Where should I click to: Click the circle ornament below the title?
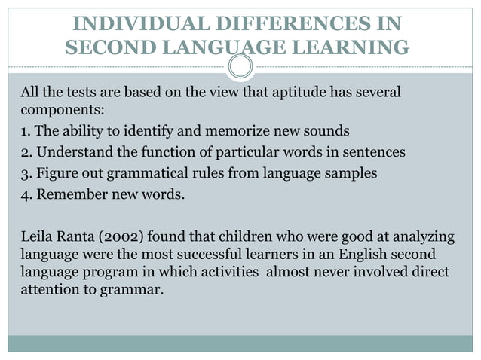click(x=240, y=67)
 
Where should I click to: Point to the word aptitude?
click(x=299, y=93)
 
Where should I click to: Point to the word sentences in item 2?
click(x=375, y=152)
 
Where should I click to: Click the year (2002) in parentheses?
click(x=116, y=238)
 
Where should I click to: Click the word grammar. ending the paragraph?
click(x=136, y=288)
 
